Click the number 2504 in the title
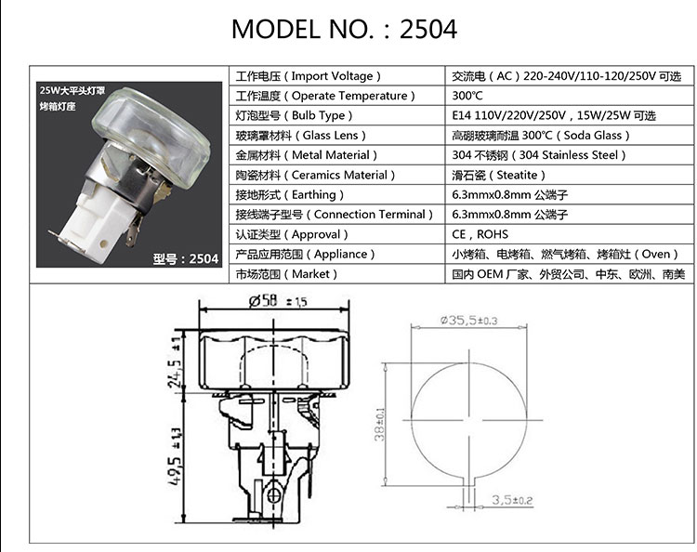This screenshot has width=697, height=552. tap(428, 30)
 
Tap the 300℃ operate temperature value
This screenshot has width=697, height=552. tap(467, 96)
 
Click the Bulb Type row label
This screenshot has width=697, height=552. tap(294, 115)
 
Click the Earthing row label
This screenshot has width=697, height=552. tap(289, 194)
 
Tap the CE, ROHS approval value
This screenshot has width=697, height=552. tap(480, 234)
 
